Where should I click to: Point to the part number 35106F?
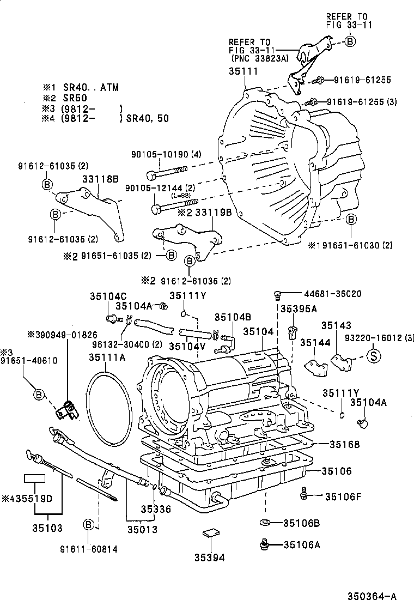pyautogui.click(x=343, y=496)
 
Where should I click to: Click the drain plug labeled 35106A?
pyautogui.click(x=265, y=543)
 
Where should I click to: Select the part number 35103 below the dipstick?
pyautogui.click(x=47, y=528)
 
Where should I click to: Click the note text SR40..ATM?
pyautogui.click(x=92, y=88)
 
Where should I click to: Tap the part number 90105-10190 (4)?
pyautogui.click(x=166, y=155)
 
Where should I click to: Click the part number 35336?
pyautogui.click(x=156, y=509)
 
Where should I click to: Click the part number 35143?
pyautogui.click(x=336, y=325)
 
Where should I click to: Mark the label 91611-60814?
pyautogui.click(x=89, y=549)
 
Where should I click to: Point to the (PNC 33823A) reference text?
pyautogui.click(x=259, y=58)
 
